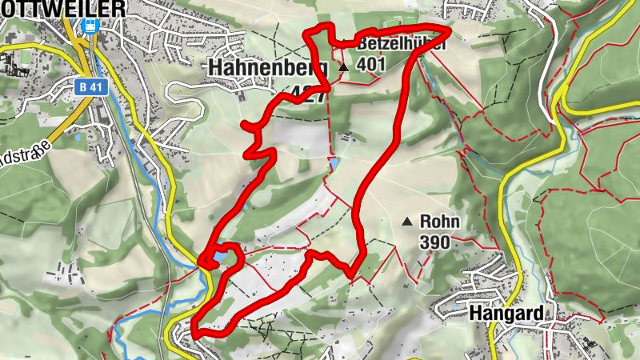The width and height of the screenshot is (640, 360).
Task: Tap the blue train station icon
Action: click(90, 26)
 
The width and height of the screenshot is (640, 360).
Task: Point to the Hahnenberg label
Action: click(264, 69)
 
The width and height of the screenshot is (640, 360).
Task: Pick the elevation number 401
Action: click(373, 65)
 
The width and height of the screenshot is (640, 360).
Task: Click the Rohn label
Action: click(439, 222)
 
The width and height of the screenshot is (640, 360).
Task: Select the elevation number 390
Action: click(437, 242)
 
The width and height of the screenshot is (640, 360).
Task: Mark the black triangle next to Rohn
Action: click(408, 222)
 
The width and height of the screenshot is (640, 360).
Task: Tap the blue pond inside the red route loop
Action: click(217, 258)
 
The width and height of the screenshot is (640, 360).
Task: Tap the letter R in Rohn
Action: click(426, 222)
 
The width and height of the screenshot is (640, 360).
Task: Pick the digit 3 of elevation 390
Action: click(425, 242)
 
